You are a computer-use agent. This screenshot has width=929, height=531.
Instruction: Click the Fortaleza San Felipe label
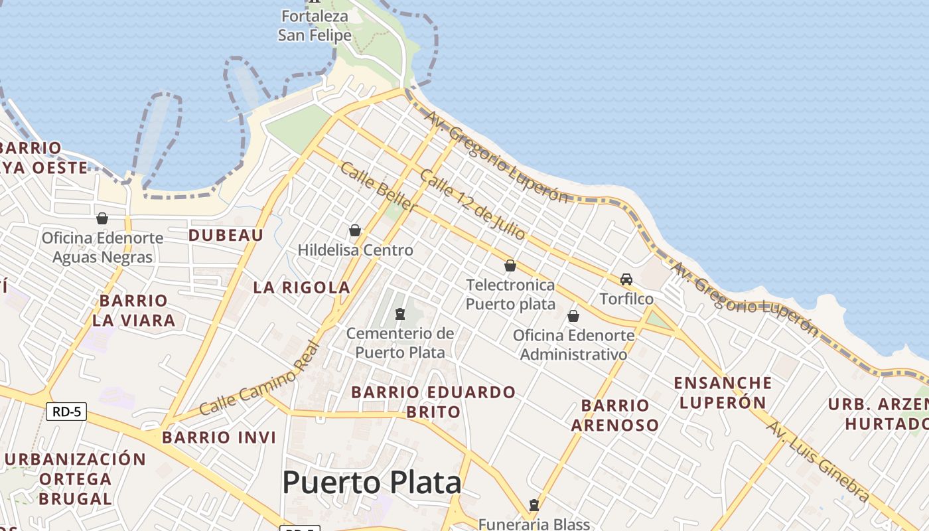pos(315,26)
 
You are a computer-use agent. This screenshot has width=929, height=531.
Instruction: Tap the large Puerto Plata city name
pos(372,483)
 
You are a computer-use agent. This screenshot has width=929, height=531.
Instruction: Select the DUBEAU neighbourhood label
pos(226,235)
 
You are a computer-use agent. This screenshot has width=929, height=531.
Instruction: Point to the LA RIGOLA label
pos(302,287)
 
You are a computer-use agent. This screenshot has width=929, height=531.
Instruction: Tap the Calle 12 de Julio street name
pos(472,204)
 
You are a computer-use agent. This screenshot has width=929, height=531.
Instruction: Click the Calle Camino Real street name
pos(259,379)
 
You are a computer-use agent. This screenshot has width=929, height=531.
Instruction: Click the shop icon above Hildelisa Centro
pos(355,230)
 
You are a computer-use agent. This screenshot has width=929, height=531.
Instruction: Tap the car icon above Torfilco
pos(626,279)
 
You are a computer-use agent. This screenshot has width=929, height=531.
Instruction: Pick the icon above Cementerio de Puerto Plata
pos(400,313)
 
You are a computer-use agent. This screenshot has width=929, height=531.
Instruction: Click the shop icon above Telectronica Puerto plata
pos(510,265)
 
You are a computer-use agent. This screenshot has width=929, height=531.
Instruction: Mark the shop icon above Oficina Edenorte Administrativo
pos(573,316)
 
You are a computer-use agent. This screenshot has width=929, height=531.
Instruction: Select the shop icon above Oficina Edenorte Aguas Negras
pos(102,218)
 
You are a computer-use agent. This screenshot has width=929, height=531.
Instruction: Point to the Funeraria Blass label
pos(534,524)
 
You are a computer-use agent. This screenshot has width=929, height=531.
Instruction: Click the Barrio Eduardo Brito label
pos(433,402)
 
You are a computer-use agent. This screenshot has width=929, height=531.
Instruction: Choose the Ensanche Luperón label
pos(723,392)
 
